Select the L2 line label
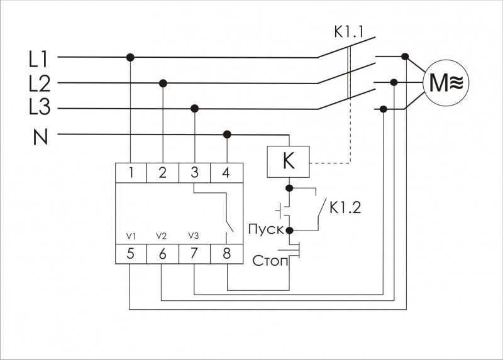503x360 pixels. point(39,83)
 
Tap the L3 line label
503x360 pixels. point(39,109)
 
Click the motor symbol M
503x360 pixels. point(446,81)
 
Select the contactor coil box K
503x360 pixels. point(289,161)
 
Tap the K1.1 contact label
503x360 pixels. point(350,30)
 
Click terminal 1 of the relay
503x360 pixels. point(131,173)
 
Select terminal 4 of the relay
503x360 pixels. point(226,173)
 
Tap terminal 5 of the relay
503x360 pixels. point(131,254)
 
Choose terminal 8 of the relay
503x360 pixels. point(226,254)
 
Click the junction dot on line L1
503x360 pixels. point(131,57)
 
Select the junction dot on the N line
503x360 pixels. point(227,134)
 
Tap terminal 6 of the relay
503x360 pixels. point(162,254)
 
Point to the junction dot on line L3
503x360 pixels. point(195,109)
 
